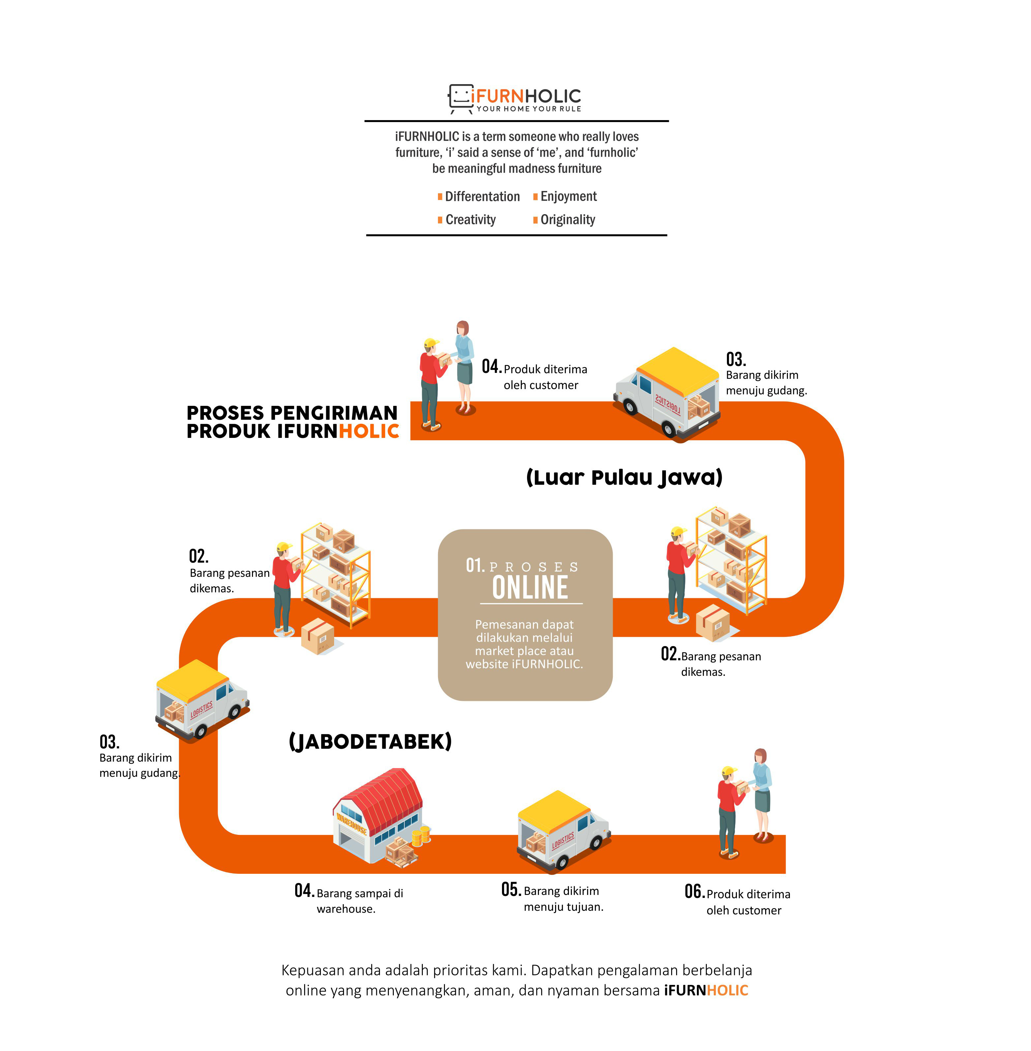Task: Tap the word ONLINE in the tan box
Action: point(530,587)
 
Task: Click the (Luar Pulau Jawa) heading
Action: point(624,477)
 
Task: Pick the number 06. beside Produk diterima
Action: point(694,891)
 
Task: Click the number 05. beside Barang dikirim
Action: point(511,889)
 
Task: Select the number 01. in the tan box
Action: point(475,565)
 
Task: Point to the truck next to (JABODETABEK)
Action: point(202,700)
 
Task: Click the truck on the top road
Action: point(667,393)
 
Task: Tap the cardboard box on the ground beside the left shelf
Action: point(318,636)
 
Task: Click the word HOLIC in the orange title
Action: point(369,431)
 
